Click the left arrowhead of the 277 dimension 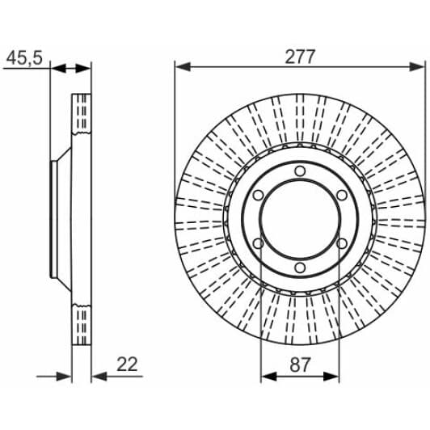(x=181, y=68)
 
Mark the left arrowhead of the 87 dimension (x=266, y=375)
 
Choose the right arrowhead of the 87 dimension (x=333, y=375)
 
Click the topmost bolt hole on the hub (x=299, y=171)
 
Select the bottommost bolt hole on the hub (x=299, y=268)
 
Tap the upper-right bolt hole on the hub (x=341, y=196)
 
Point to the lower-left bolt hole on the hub (x=257, y=244)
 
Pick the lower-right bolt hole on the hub (x=341, y=244)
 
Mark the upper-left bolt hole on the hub (x=257, y=196)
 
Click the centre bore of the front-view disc (x=299, y=220)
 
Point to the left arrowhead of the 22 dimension (x=67, y=375)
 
